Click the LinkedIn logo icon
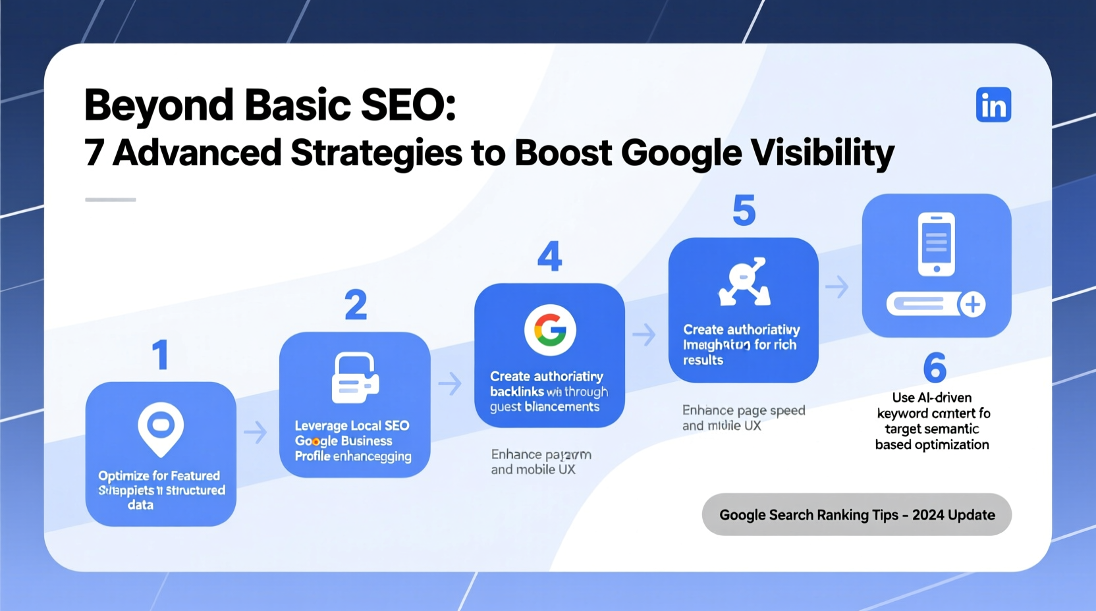point(993,105)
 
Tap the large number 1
point(160,356)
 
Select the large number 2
point(356,305)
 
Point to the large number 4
point(549,256)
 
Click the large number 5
point(744,211)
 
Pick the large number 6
point(935,367)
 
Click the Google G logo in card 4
point(550,329)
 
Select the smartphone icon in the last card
point(936,244)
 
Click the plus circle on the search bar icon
point(972,304)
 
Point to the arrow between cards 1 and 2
point(256,433)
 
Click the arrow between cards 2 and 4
point(450,383)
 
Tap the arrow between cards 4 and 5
point(644,334)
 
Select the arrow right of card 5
point(837,287)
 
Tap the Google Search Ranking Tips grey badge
point(856,515)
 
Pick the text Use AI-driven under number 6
point(931,398)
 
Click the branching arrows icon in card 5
point(744,282)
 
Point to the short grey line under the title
point(111,199)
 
